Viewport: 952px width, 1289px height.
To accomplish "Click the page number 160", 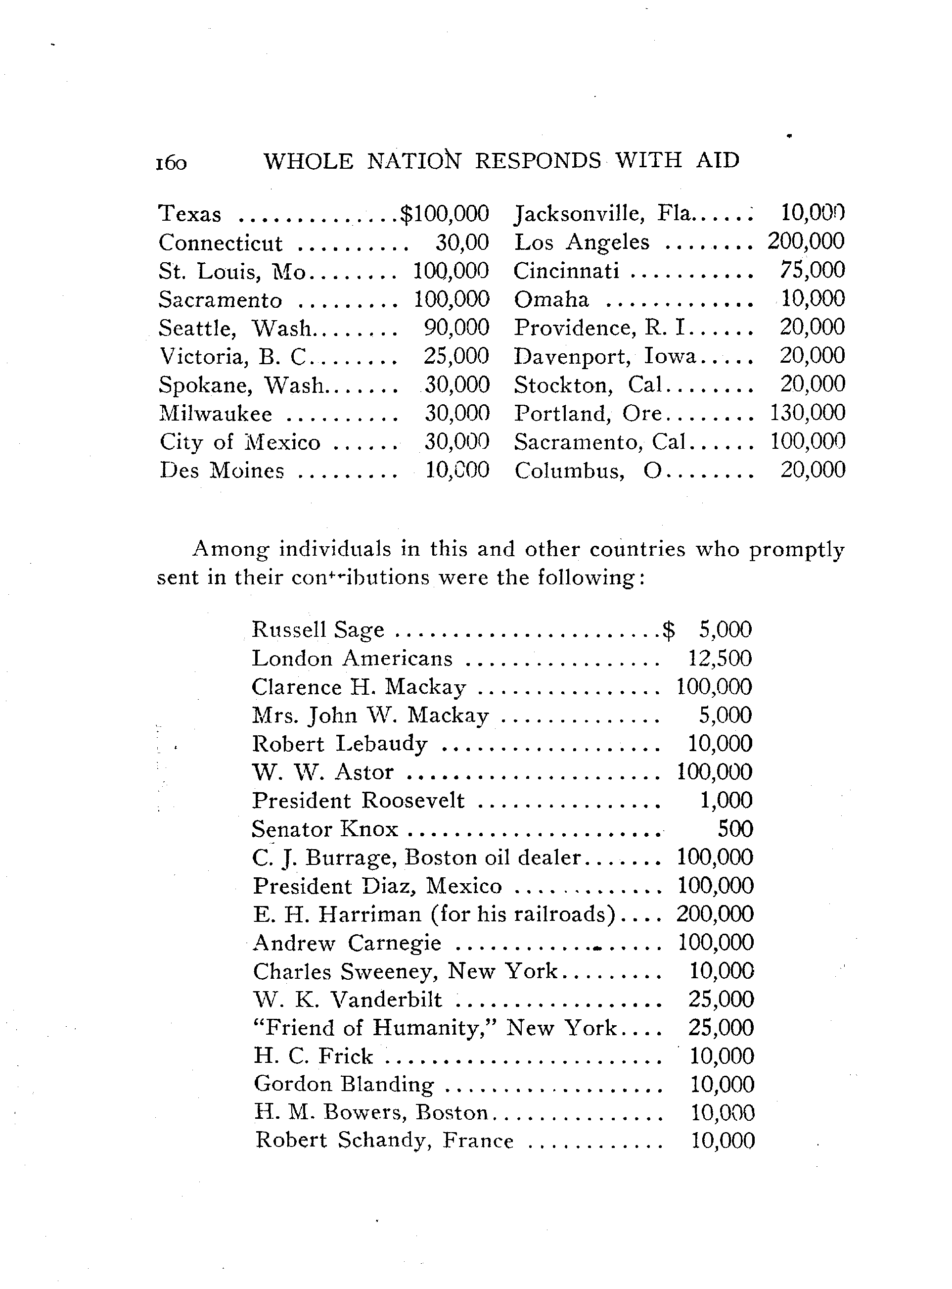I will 171,163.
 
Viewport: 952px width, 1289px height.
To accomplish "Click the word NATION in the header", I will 414,160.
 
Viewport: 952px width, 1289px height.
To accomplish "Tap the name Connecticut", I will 220,242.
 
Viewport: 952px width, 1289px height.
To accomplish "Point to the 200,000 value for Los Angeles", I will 806,241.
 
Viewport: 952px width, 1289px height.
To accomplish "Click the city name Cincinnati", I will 566,270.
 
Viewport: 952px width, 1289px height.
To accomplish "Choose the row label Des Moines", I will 222,471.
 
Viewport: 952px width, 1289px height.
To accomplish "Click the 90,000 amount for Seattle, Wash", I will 456,328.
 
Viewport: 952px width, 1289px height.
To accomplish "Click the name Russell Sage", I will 318,629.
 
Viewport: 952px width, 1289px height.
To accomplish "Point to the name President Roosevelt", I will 359,800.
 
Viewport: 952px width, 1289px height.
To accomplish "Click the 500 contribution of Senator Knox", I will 735,829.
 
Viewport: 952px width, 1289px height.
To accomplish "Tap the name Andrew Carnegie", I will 347,943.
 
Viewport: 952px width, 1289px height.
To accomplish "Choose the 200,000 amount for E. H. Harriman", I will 715,914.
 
